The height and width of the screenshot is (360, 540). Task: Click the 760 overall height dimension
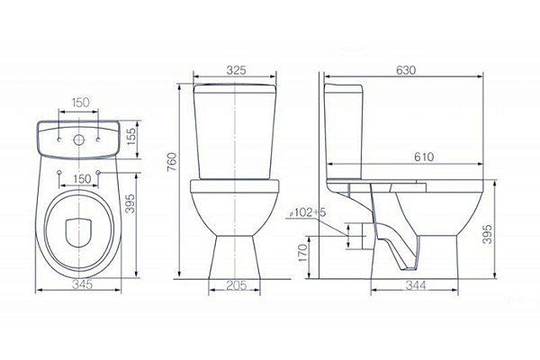pyautogui.click(x=171, y=162)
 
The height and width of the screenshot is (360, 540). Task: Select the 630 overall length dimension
pyautogui.click(x=406, y=70)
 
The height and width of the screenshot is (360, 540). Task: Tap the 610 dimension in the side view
pyautogui.click(x=424, y=157)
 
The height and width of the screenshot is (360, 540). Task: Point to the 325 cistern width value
pyautogui.click(x=236, y=70)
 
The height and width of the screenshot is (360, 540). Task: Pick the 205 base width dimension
pyautogui.click(x=236, y=285)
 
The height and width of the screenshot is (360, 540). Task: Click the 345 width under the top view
pyautogui.click(x=83, y=284)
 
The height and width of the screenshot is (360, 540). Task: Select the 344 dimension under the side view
pyautogui.click(x=416, y=285)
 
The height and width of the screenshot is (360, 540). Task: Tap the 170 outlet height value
pyautogui.click(x=302, y=253)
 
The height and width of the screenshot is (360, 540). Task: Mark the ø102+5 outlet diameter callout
pyautogui.click(x=307, y=212)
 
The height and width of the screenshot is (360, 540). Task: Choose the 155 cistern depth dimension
pyautogui.click(x=131, y=136)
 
